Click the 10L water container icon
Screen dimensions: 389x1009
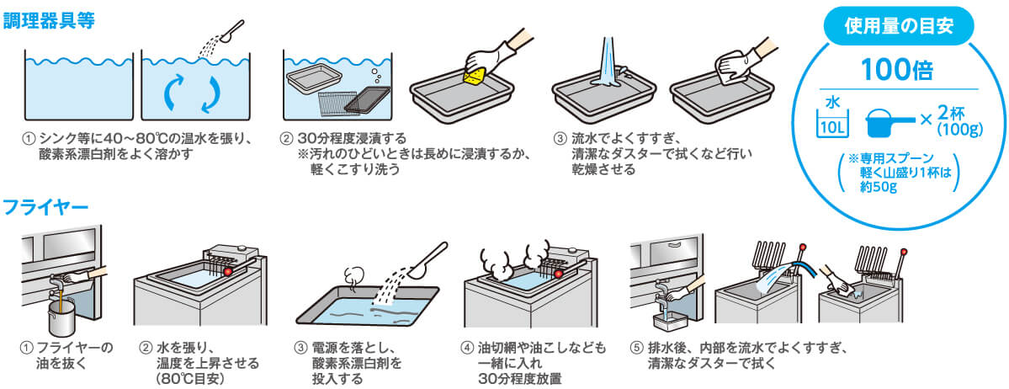coord(832,119)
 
